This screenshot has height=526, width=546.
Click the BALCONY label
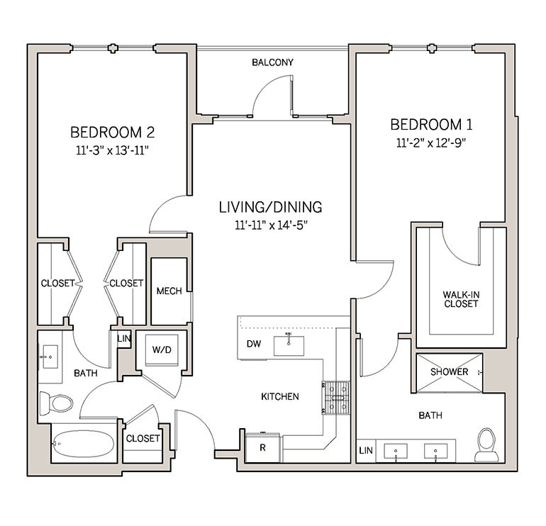pos(272,62)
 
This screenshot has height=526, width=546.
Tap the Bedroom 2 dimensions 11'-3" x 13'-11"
pos(112,150)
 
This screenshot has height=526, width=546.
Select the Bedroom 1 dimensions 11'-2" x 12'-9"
pos(430,142)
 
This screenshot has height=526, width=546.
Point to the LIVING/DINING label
pos(270,207)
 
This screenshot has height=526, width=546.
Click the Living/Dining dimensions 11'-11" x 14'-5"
pos(270,225)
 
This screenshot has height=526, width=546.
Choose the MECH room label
pos(169,291)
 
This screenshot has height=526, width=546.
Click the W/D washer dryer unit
pos(161,349)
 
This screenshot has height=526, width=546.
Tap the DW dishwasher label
pos(254,345)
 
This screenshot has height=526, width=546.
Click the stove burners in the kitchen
pos(337,397)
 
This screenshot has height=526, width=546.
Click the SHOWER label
pos(450,372)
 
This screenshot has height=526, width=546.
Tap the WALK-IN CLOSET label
pos(460,298)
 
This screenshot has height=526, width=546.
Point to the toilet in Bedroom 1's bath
pos(487,442)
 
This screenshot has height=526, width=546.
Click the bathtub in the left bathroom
pos(82,443)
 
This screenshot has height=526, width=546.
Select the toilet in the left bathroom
pos(57,403)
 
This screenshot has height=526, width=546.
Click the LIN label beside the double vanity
pos(366,451)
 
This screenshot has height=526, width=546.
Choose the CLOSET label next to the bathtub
pos(143,439)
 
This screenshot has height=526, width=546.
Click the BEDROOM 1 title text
pos(431,125)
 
